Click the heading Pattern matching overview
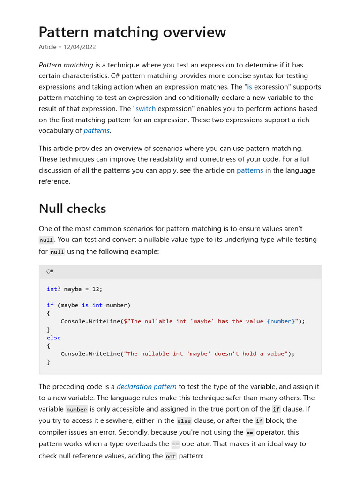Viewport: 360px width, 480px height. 132,32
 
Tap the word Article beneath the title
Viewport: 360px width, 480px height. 47,47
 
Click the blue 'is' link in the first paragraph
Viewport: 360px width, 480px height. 249,87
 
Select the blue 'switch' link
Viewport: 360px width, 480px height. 145,109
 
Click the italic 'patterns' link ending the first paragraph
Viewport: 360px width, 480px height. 97,131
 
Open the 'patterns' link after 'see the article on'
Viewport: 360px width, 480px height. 250,171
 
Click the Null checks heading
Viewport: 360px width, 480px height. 72,209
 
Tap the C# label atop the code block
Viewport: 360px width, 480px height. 50,272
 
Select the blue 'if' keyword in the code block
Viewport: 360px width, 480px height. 50,305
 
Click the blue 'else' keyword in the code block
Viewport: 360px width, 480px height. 53,337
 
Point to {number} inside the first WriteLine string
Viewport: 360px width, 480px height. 281,322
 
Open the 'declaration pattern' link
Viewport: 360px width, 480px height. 147,387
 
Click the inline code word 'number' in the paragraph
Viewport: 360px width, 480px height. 76,410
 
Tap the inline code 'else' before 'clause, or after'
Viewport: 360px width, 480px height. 184,421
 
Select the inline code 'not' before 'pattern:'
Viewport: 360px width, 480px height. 171,455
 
